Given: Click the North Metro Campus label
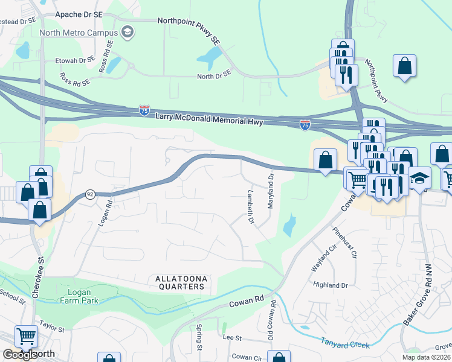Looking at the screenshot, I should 78,33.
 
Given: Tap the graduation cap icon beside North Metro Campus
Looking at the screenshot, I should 128,32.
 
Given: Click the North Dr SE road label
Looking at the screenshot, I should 214,76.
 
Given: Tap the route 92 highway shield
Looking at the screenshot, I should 90,194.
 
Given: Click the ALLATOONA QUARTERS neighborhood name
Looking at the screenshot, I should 181,282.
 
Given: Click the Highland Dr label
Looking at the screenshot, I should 331,284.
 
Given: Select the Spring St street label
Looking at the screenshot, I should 199,338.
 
